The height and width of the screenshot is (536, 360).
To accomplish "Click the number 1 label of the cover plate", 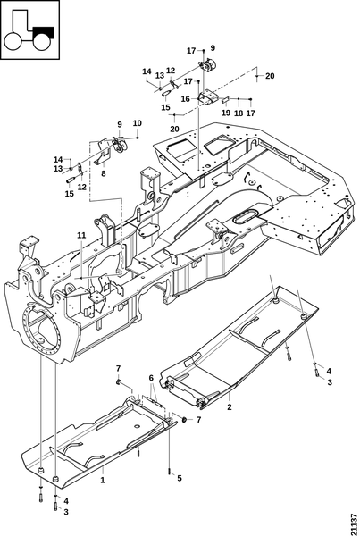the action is (x=102, y=481).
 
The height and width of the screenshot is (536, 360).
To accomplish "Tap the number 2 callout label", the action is (x=230, y=406).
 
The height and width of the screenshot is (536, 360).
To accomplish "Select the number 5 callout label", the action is (x=180, y=478).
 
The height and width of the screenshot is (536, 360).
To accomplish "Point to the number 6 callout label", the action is (x=151, y=378).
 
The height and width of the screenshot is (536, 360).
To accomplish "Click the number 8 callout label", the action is (x=104, y=173).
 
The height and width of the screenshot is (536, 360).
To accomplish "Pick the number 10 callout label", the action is (x=137, y=123).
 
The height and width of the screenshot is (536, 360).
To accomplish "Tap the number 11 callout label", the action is (x=81, y=235).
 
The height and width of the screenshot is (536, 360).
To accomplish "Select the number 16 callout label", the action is (x=185, y=99).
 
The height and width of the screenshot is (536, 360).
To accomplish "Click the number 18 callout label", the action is (x=239, y=113).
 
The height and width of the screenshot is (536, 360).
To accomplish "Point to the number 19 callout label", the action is (x=226, y=113).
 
